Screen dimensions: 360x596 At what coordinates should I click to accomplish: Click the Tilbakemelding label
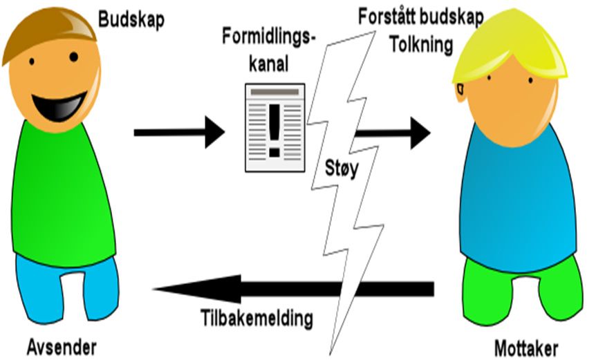point(257,319)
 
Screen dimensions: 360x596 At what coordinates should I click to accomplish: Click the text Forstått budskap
point(429,18)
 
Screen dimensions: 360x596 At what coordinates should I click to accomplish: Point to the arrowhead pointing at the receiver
point(419,132)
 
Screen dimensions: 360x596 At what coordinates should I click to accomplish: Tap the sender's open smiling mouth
point(55,103)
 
